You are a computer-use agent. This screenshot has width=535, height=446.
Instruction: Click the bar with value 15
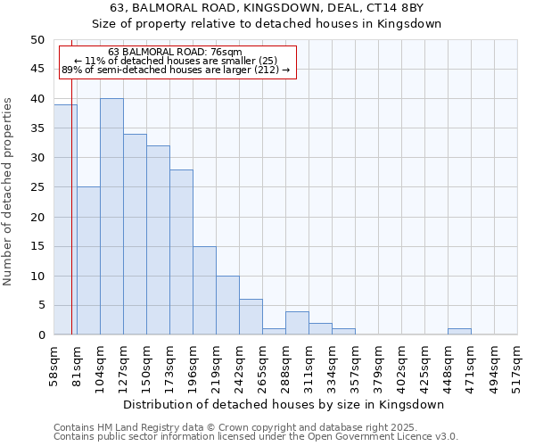pos(204,291)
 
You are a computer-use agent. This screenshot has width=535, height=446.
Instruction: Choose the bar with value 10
pos(227,305)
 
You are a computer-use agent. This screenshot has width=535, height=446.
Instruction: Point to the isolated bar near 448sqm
pos(459,332)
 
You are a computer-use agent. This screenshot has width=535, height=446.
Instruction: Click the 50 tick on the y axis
pos(37,40)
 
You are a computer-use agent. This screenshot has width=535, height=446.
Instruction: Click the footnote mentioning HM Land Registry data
pos(247,427)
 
